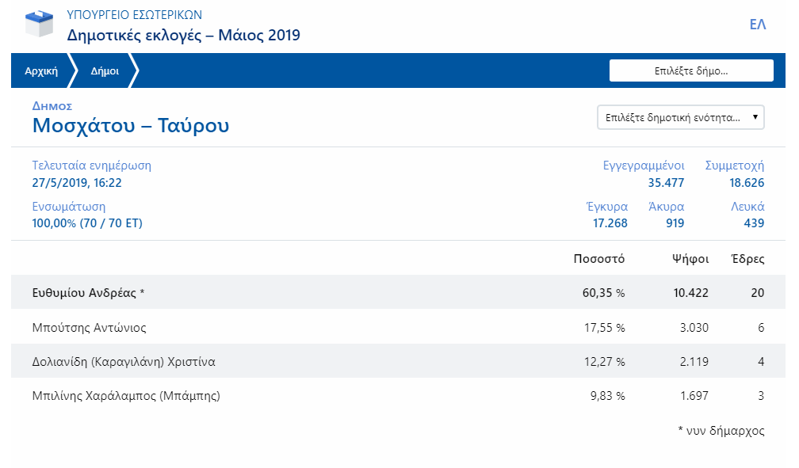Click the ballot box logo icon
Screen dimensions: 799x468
[x=40, y=24]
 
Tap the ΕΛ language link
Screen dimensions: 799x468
[x=757, y=25]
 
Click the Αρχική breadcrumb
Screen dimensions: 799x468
[x=41, y=70]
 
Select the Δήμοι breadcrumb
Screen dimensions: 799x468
[x=105, y=70]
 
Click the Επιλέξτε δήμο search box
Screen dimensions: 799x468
[x=691, y=70]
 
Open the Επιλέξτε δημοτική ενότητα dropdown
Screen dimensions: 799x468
[x=680, y=118]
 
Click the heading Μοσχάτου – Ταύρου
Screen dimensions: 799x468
[x=131, y=125]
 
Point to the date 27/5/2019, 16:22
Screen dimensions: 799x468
[x=77, y=183]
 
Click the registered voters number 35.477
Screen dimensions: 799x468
[x=666, y=183]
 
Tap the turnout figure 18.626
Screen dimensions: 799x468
[x=747, y=183]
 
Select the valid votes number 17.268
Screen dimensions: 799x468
[x=610, y=223]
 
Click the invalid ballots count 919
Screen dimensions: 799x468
[x=675, y=223]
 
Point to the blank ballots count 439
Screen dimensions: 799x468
[x=754, y=223]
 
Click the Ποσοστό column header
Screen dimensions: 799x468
[x=598, y=259]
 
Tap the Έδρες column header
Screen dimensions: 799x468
[x=747, y=259]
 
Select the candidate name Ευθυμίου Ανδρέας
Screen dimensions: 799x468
[x=84, y=293]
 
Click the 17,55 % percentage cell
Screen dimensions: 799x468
[x=604, y=328]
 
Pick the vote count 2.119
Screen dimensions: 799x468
[x=694, y=362]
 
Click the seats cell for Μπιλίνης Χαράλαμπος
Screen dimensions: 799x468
[x=761, y=396]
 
